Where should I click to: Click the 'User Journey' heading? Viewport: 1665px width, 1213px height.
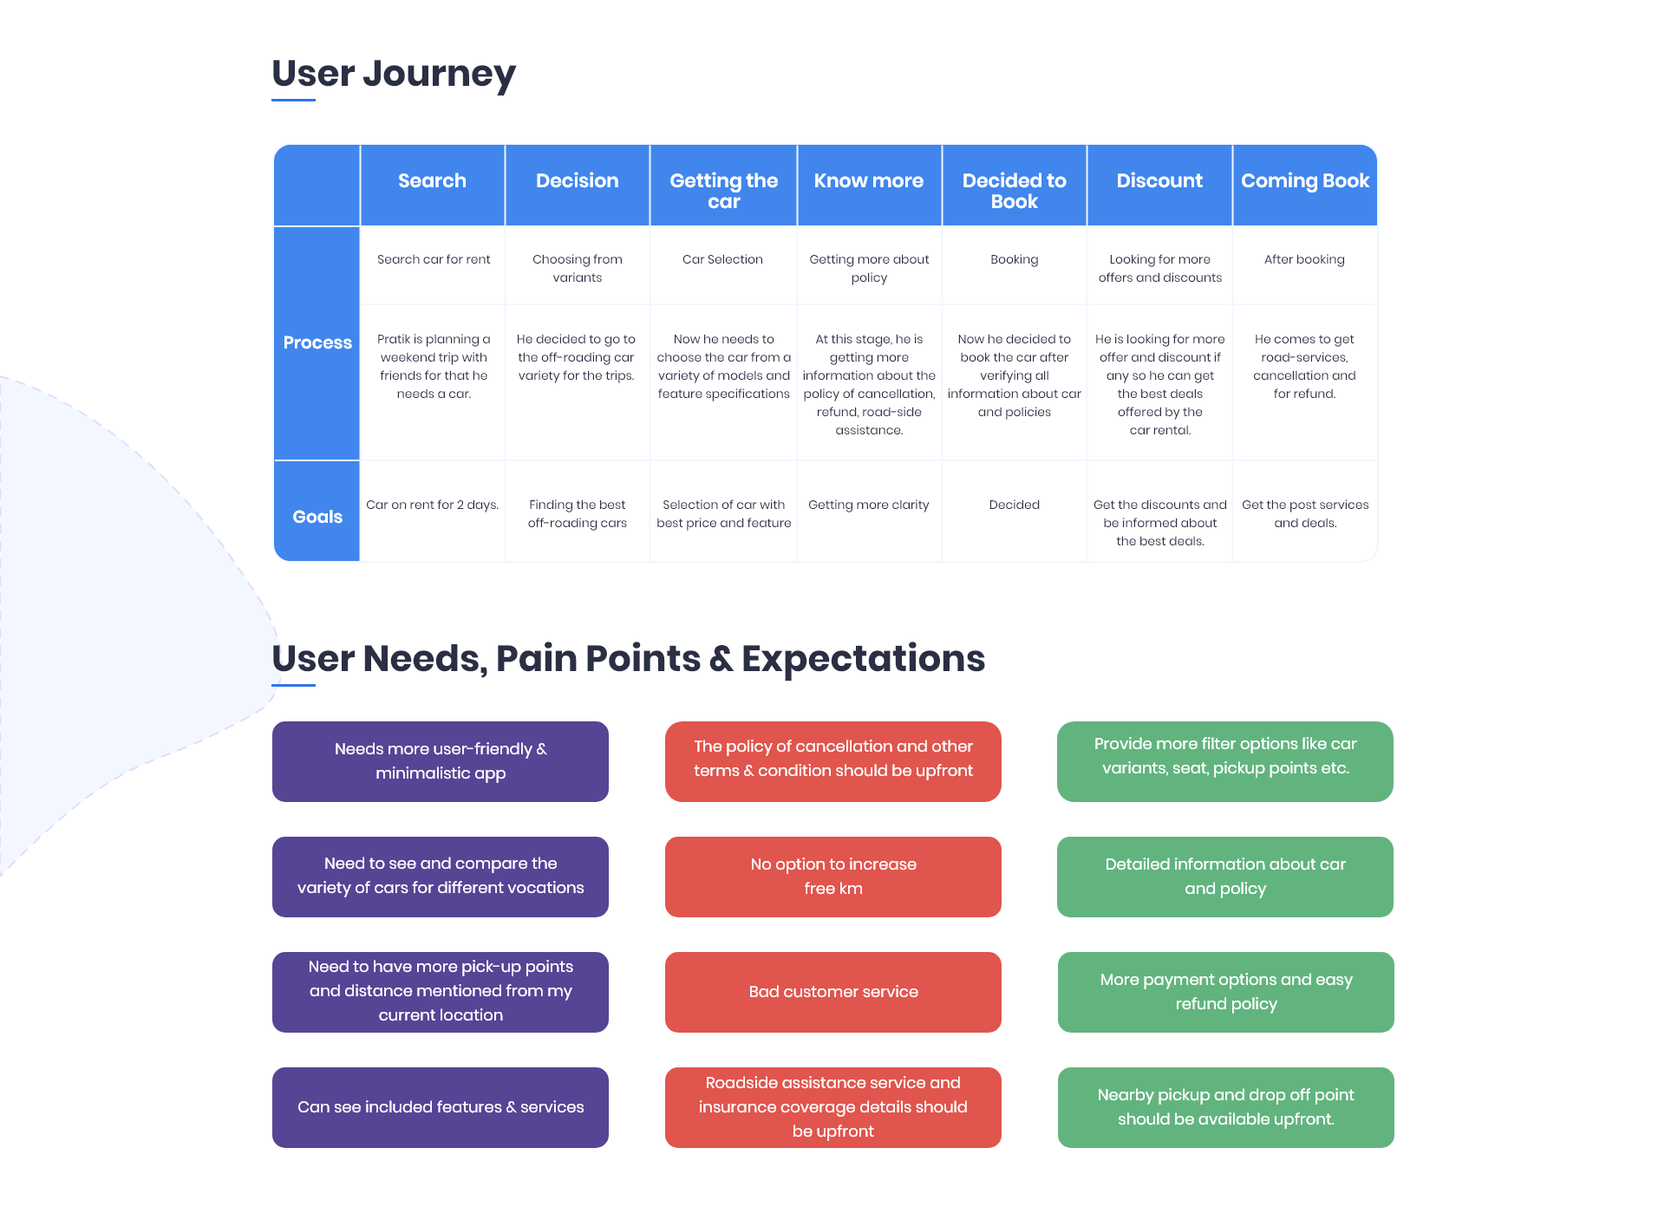click(394, 74)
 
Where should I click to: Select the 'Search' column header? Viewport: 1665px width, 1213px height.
click(432, 180)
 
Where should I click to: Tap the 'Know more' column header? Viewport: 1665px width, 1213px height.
click(868, 180)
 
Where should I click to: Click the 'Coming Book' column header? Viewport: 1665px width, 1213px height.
click(1305, 180)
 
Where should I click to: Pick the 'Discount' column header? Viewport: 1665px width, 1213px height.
click(1159, 180)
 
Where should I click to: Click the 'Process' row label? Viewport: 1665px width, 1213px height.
click(317, 342)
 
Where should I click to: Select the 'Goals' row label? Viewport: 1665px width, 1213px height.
click(317, 517)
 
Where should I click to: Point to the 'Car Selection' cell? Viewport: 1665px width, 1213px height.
click(722, 259)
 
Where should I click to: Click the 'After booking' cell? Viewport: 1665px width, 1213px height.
click(1304, 259)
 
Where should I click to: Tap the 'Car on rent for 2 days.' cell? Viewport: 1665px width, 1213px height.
click(432, 505)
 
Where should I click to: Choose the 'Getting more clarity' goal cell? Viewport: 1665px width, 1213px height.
click(868, 505)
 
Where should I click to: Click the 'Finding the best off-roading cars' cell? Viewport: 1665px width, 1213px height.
click(578, 513)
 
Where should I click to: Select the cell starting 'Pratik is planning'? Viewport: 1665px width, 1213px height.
click(434, 366)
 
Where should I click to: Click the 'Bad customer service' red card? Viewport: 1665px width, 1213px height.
click(833, 992)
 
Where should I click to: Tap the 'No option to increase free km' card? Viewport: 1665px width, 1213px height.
click(833, 877)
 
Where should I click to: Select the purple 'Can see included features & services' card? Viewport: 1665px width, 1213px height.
click(441, 1107)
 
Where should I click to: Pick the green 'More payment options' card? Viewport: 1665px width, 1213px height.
click(1226, 992)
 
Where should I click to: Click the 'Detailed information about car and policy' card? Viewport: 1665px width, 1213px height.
click(1225, 877)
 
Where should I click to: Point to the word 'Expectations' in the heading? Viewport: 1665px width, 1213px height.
click(863, 658)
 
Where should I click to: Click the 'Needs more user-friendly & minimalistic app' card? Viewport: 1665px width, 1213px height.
click(441, 761)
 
